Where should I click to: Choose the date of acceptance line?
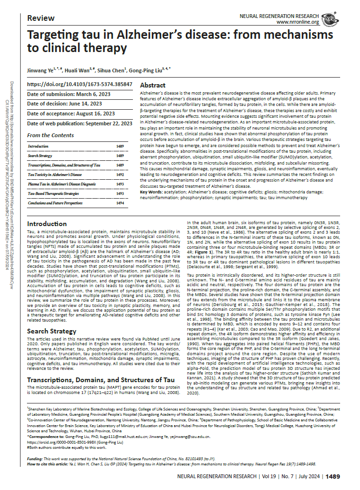click(71, 114)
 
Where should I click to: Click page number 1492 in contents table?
click(120, 175)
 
